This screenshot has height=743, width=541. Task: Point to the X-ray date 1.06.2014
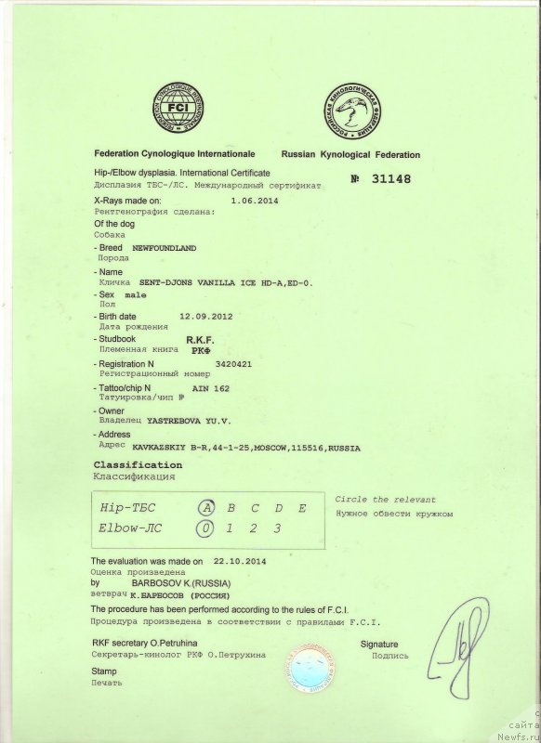click(x=253, y=200)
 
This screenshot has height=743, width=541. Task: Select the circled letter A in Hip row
click(x=207, y=508)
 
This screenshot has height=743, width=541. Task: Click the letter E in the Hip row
click(x=301, y=508)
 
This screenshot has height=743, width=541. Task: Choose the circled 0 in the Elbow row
click(x=206, y=528)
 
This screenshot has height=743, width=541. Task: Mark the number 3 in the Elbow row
click(x=277, y=528)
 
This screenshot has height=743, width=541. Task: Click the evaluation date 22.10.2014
click(x=240, y=562)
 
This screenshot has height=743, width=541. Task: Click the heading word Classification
click(x=139, y=464)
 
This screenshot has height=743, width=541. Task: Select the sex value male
click(x=136, y=293)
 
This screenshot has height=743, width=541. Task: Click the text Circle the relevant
click(x=385, y=500)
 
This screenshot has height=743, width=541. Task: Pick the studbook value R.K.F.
click(x=201, y=341)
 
